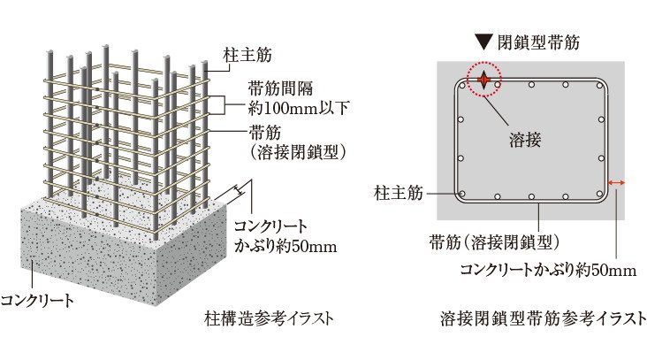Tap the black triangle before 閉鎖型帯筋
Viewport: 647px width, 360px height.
coord(483,42)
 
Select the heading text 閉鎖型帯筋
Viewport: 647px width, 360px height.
coord(538,42)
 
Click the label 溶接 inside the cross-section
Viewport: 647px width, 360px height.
coord(525,141)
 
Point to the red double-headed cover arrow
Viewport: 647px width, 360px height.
coord(616,182)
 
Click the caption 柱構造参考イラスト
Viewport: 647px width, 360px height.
coord(269,318)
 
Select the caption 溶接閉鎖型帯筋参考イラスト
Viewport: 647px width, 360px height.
coord(543,318)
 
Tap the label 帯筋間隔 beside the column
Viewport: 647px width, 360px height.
coord(280,88)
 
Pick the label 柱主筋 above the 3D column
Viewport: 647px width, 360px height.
coord(247,56)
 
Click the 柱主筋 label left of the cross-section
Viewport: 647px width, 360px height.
coord(399,193)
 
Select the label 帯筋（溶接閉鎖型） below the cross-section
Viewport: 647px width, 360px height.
coord(494,242)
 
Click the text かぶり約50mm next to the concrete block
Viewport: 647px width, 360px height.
coord(285,247)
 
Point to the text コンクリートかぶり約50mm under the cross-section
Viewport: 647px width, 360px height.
coord(548,270)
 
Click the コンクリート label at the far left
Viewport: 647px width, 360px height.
coord(37,300)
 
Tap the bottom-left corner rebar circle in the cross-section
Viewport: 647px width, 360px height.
coord(462,193)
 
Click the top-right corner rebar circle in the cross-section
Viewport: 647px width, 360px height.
coord(599,85)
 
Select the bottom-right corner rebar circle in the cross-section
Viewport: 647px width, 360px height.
coord(599,193)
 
